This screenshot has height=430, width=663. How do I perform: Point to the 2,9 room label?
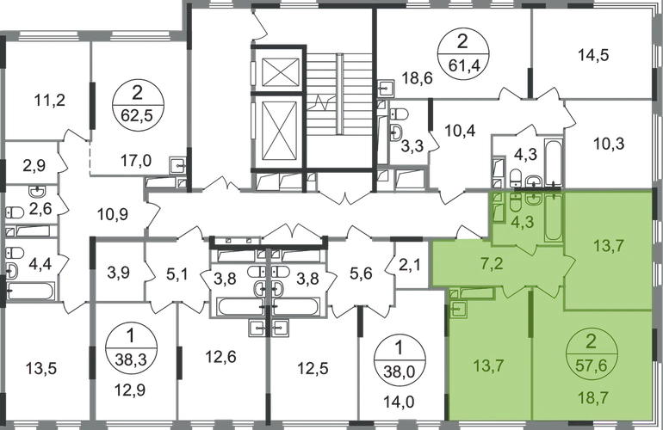pos(34,163)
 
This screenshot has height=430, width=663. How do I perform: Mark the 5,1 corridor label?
pos(178,276)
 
